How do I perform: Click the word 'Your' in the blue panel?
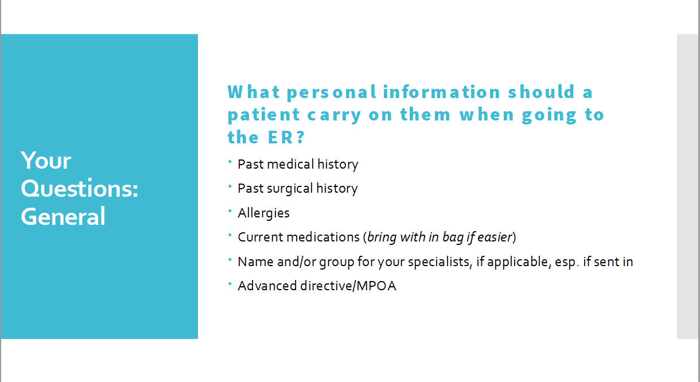pos(46,161)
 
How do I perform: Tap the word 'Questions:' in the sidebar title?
pos(79,189)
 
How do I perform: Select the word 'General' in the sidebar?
pos(63,216)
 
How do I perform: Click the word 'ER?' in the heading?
pos(286,137)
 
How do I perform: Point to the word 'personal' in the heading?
pos(331,92)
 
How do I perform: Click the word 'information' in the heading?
pos(442,92)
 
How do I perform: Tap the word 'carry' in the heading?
pos(334,115)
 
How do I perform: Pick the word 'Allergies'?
pos(263,213)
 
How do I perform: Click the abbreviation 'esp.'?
pos(566,262)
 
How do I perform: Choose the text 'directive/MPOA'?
pos(348,286)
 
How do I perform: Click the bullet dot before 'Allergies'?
pos(230,211)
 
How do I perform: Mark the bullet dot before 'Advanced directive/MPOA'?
pos(230,284)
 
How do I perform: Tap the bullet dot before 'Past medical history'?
pos(230,162)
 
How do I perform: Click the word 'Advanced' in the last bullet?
pos(267,286)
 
